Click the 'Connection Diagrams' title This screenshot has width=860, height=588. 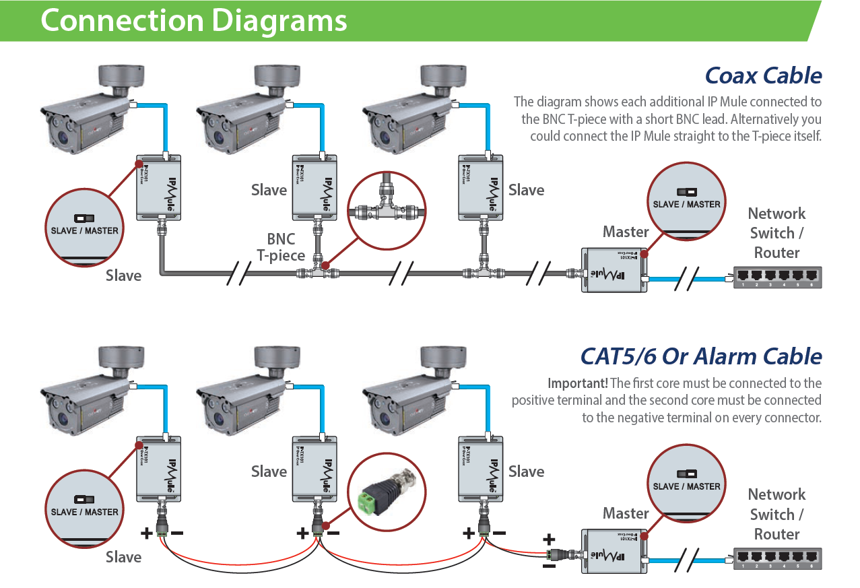(x=193, y=20)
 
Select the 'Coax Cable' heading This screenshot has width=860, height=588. (x=763, y=75)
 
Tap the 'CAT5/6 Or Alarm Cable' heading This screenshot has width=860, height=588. (x=701, y=356)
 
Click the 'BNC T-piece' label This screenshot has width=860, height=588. (x=280, y=247)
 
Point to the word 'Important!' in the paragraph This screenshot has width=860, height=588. (x=577, y=383)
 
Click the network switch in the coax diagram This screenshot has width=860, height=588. (x=777, y=277)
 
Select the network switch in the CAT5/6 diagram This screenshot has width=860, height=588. (x=777, y=558)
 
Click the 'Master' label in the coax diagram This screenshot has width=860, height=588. (x=626, y=232)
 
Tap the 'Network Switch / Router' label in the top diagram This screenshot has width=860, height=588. (x=776, y=233)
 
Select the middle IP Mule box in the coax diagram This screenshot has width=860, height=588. (x=315, y=187)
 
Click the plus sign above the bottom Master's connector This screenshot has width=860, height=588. (x=549, y=539)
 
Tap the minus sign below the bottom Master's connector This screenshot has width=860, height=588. (x=549, y=566)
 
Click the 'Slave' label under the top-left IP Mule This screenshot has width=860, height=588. (x=124, y=275)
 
